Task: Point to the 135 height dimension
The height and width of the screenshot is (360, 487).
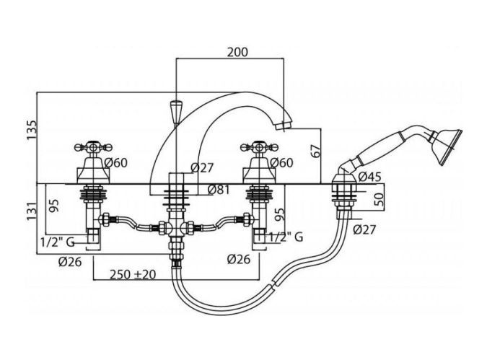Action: tap(31, 134)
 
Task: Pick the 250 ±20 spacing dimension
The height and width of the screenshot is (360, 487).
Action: tap(133, 275)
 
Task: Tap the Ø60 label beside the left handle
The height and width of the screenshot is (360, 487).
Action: tap(115, 163)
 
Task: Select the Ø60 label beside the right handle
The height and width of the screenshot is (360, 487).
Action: tap(284, 163)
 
